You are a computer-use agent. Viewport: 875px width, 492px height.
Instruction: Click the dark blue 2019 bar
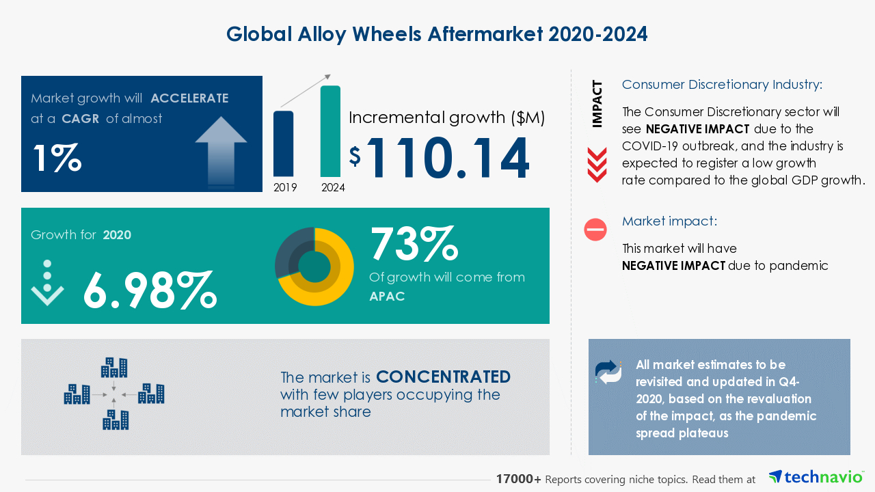click(283, 143)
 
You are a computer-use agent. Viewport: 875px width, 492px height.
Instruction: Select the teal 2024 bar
click(330, 131)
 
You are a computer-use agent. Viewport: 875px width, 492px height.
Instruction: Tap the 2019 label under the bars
click(285, 188)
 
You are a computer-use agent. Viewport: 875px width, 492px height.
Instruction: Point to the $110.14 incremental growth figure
click(439, 158)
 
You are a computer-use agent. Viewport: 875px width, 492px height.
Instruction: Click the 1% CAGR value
click(57, 158)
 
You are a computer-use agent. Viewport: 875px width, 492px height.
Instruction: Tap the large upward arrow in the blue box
click(221, 152)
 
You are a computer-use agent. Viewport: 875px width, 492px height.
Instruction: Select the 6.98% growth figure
click(150, 290)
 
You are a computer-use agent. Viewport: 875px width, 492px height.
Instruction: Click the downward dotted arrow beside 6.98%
click(47, 283)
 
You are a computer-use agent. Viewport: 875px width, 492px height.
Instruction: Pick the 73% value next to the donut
click(414, 243)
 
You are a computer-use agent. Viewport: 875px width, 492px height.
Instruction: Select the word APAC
click(387, 297)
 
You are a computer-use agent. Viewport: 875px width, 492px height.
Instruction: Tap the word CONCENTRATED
click(444, 377)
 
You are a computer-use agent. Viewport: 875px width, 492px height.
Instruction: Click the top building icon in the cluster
click(114, 368)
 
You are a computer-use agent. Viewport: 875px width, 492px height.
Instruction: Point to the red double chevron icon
click(597, 165)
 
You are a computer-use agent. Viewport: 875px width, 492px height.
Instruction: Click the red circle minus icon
click(595, 229)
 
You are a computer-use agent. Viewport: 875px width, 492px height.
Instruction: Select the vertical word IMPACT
click(597, 105)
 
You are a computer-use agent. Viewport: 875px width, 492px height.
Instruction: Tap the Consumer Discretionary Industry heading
click(723, 84)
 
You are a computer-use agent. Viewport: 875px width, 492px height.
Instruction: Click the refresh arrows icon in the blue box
click(608, 372)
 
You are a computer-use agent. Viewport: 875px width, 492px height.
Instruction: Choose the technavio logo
click(816, 477)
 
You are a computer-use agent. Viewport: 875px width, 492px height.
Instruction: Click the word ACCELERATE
click(189, 98)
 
